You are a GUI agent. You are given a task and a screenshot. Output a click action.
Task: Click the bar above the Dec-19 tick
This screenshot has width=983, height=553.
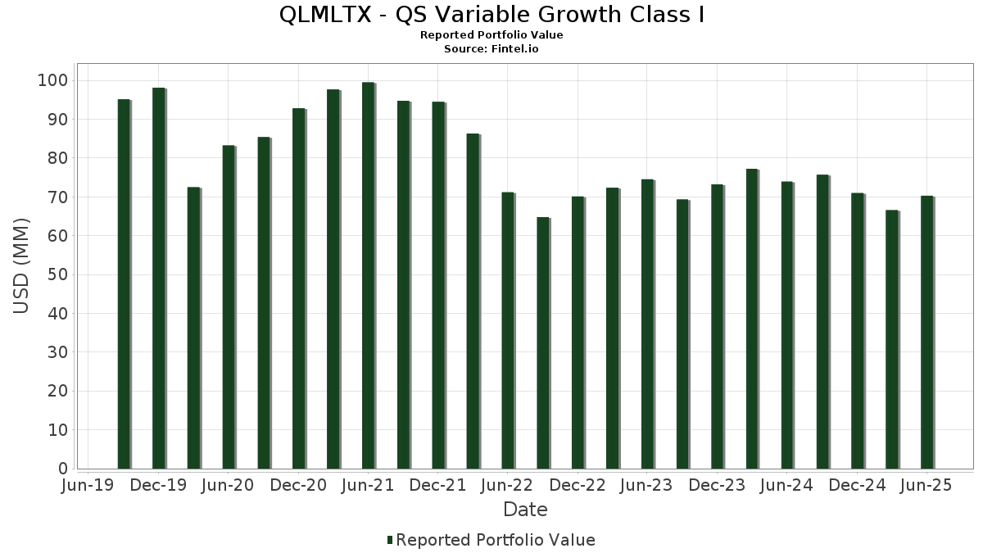[x=159, y=279]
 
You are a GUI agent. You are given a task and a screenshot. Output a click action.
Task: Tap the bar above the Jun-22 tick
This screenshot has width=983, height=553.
[x=508, y=331]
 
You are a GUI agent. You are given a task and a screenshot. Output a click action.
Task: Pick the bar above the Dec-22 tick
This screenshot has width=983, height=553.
[x=578, y=333]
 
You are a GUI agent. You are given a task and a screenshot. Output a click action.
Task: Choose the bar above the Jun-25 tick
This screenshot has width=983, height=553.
[x=927, y=333]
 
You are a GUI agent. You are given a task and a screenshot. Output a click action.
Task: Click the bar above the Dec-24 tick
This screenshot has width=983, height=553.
[x=857, y=331]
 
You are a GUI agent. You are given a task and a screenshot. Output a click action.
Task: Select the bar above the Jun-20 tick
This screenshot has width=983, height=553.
[x=229, y=307]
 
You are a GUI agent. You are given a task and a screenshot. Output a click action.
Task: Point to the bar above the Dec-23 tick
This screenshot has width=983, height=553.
[x=718, y=327]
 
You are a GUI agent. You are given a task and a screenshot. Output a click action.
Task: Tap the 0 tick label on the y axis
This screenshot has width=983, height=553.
[x=62, y=469]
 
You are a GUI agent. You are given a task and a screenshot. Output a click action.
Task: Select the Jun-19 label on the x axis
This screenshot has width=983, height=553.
[x=88, y=486]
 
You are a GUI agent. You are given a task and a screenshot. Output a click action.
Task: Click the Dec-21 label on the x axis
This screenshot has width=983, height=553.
[x=438, y=486]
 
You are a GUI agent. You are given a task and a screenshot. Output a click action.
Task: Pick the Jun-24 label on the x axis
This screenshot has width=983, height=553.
[x=787, y=486]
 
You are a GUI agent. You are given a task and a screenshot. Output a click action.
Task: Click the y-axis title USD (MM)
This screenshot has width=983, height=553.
[x=22, y=265]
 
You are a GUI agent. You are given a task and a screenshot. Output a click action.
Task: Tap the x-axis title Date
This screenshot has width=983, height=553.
[x=525, y=510]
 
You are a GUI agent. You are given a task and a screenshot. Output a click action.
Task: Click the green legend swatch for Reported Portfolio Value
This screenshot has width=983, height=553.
[x=390, y=540]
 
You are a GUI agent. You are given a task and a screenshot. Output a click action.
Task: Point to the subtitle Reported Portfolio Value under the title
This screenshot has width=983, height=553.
[x=491, y=35]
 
